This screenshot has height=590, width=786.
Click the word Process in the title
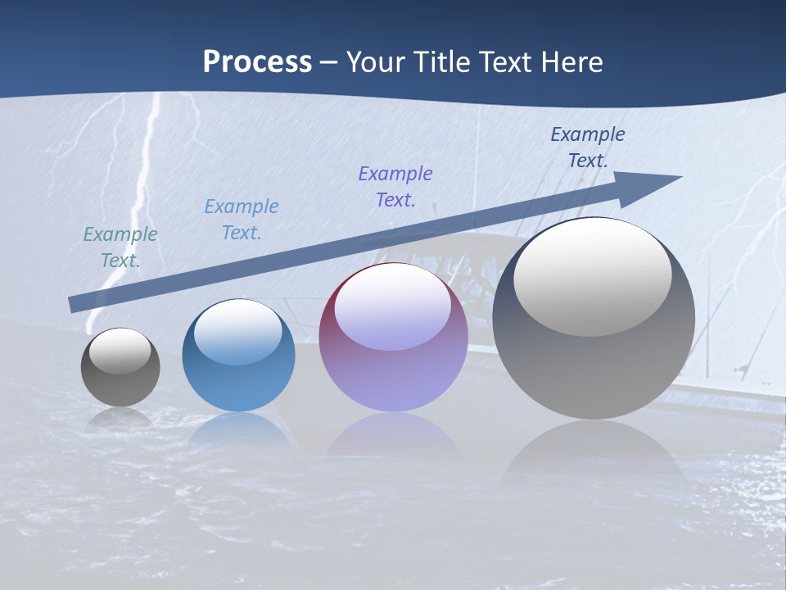pyautogui.click(x=257, y=62)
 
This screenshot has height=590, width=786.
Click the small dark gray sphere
pyautogui.click(x=120, y=377)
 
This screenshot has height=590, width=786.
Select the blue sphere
pyautogui.click(x=238, y=381)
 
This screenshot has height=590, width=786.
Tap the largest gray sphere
pyautogui.click(x=594, y=361)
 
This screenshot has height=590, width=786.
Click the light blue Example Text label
pyautogui.click(x=242, y=220)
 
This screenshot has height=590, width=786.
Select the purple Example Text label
pyautogui.click(x=395, y=187)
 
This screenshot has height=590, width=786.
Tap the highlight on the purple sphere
pyautogui.click(x=393, y=306)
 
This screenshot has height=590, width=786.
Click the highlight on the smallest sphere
pyautogui.click(x=120, y=351)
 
